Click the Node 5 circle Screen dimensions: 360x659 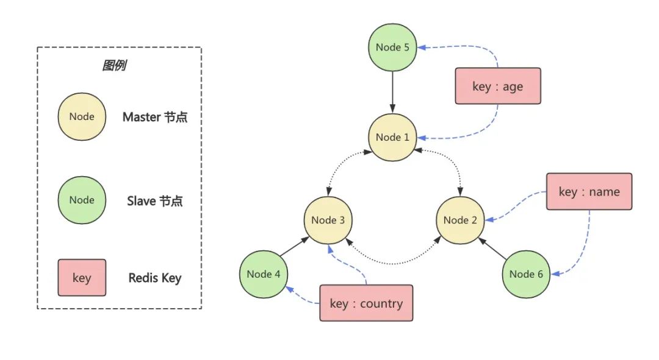(x=392, y=48)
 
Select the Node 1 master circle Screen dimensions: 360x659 (x=392, y=137)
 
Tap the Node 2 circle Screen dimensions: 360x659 (x=460, y=220)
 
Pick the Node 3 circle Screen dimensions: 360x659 (x=328, y=220)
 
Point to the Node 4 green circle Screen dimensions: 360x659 (x=264, y=274)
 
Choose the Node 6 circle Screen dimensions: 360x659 (x=526, y=274)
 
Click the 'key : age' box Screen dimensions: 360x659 (x=498, y=86)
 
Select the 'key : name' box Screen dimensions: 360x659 (x=589, y=191)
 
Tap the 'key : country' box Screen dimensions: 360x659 (x=366, y=303)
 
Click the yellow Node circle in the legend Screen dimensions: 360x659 (x=82, y=117)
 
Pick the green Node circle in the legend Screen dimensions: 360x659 (x=82, y=200)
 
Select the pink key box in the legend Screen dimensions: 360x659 (x=82, y=278)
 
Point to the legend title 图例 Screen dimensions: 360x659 (x=114, y=66)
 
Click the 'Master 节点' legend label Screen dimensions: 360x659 (x=155, y=117)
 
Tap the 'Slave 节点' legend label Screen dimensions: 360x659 (x=155, y=200)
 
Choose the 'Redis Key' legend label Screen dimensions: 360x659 (x=155, y=278)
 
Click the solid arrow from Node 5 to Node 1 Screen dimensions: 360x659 (x=392, y=91)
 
